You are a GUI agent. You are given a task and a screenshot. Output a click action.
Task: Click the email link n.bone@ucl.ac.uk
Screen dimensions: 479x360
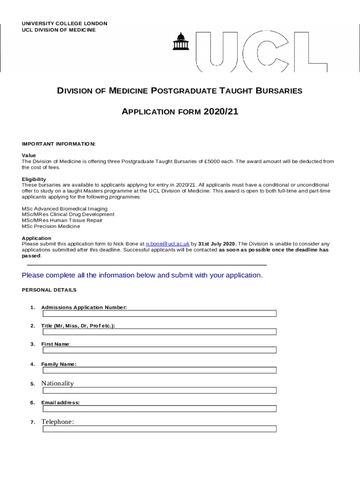tap(167, 244)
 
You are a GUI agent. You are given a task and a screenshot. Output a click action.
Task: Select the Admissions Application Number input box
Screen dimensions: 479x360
tap(159, 313)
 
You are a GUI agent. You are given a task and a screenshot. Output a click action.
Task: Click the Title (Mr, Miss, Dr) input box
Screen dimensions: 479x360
tap(159, 332)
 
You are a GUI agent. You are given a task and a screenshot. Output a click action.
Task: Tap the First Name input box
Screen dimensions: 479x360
tap(159, 350)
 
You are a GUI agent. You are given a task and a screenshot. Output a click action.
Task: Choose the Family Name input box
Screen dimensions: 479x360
tap(159, 370)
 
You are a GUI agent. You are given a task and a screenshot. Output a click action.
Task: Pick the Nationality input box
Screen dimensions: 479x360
tap(159, 390)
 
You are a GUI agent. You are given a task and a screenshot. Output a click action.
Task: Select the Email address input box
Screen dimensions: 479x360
tap(159, 408)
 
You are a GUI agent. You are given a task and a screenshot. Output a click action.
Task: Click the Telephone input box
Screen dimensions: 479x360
tap(159, 428)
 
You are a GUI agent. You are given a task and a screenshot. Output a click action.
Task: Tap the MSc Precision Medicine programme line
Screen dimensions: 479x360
tap(51, 226)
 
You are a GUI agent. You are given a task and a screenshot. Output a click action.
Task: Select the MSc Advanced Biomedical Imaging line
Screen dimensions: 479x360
tap(65, 209)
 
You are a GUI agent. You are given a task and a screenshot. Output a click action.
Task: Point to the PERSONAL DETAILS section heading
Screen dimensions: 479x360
tap(49, 290)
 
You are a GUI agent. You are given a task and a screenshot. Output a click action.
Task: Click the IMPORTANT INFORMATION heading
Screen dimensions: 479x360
tap(58, 144)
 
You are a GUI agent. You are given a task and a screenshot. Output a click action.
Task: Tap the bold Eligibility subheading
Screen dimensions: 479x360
tap(34, 179)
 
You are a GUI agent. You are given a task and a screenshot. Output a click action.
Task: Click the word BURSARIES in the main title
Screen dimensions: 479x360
tap(278, 91)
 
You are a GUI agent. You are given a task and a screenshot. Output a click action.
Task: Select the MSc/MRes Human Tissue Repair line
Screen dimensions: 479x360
tap(62, 220)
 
